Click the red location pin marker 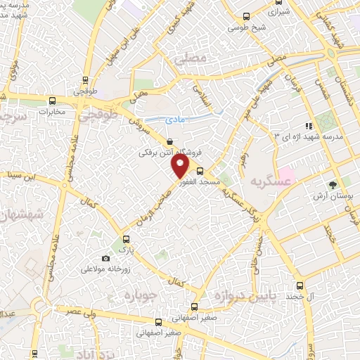(x=181, y=166)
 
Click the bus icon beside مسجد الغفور (x=200, y=170)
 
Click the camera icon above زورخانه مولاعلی (x=105, y=259)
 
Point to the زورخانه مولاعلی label (x=105, y=269)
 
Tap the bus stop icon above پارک (x=127, y=238)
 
